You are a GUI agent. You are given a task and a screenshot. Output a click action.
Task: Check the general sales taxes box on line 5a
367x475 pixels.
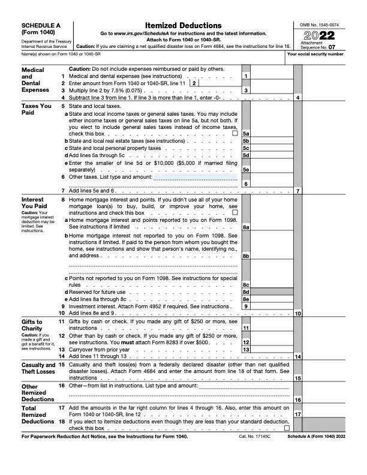coord(234,133)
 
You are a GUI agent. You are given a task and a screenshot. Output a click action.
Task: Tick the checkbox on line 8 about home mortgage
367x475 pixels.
coord(234,212)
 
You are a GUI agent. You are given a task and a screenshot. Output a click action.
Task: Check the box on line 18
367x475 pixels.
coord(286,428)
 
